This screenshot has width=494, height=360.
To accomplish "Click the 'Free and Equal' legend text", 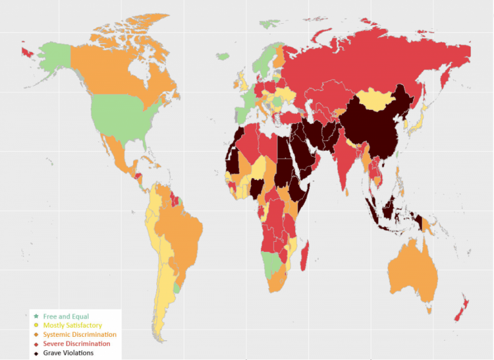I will click(66, 316).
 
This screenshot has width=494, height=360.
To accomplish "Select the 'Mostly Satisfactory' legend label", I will click(72, 325).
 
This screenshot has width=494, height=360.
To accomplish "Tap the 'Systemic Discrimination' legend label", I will click(79, 334).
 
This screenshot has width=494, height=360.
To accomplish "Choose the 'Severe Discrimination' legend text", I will click(76, 343).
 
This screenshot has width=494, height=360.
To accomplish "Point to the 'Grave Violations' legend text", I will click(68, 352).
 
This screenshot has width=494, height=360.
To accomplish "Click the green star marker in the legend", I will click(35, 316).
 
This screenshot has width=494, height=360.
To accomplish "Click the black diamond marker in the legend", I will click(35, 352).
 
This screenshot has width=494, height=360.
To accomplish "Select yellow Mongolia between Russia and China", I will click(376, 99).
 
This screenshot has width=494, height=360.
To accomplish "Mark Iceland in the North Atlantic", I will click(223, 57).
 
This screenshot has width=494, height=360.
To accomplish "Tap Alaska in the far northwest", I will click(48, 58).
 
